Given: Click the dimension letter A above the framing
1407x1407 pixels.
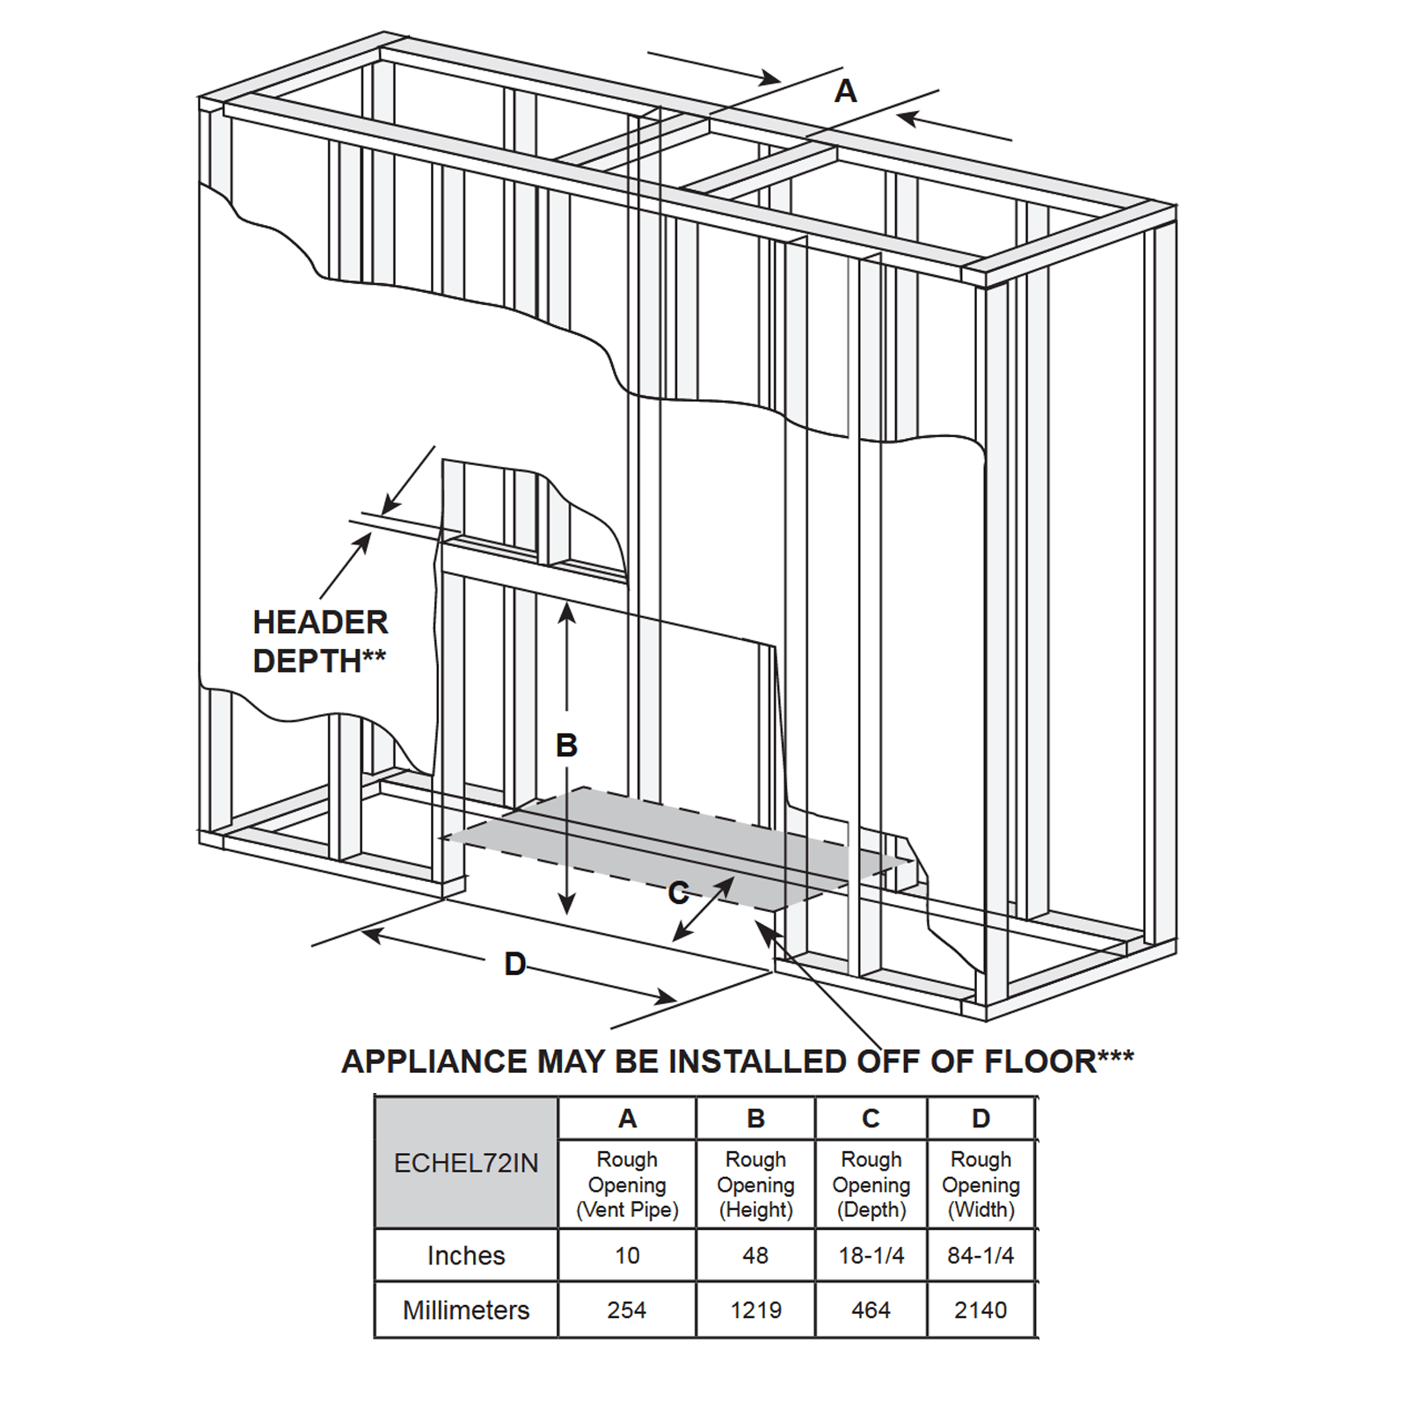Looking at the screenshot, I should (x=845, y=91).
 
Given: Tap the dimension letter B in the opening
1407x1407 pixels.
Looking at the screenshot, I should (x=566, y=746).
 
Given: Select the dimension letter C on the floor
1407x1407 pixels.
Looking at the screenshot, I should (x=678, y=893).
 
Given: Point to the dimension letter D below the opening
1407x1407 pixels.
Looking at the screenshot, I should (x=515, y=965).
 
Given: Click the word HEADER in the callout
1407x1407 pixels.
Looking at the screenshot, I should (x=320, y=623).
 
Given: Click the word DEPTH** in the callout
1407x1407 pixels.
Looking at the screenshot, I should (x=319, y=660).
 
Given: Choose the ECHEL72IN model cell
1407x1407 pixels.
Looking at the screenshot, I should (x=466, y=1163).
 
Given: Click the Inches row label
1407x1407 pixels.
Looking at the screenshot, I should (x=466, y=1256).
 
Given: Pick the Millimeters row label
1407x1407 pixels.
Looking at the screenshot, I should (x=466, y=1310).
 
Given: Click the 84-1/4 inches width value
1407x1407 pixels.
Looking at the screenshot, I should (x=981, y=1256).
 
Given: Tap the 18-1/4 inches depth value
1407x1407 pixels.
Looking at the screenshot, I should (x=871, y=1256).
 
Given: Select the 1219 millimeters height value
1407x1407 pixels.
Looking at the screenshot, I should (x=755, y=1310).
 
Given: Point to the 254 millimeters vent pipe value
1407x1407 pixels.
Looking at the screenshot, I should (x=627, y=1310).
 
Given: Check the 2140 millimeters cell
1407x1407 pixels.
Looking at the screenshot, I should (x=981, y=1310).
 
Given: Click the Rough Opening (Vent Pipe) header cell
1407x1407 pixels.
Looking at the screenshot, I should (x=627, y=1185).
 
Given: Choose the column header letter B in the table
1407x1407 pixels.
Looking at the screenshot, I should (x=755, y=1119).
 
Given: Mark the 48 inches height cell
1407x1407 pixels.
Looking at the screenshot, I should (x=755, y=1256).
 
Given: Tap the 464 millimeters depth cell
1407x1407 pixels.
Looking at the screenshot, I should (x=871, y=1310).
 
